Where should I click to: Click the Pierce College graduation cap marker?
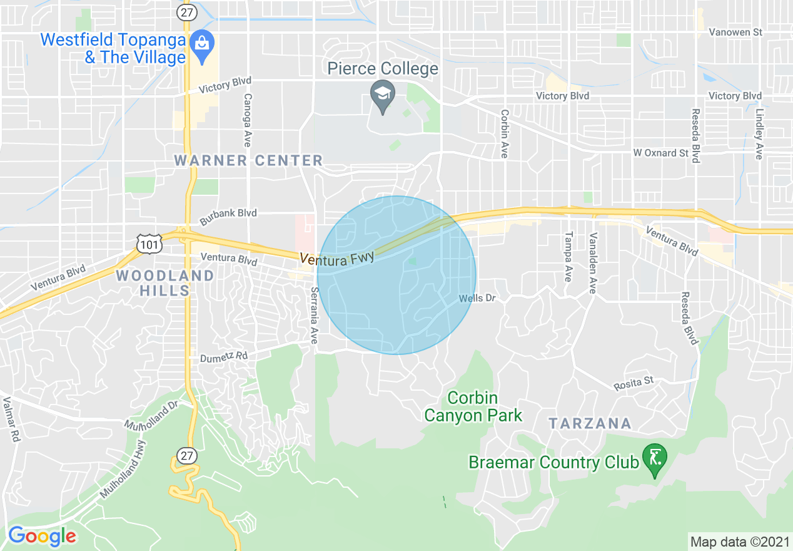[x=381, y=95]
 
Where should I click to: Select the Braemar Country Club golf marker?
[x=655, y=459]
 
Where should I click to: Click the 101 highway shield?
[x=149, y=244]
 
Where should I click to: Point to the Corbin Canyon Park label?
[x=473, y=406]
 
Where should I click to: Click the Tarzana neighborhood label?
[x=590, y=423]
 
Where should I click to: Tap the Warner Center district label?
[x=248, y=160]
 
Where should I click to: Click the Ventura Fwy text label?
[x=337, y=257]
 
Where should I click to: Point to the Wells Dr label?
[x=477, y=298]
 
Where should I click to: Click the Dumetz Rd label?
[x=224, y=357]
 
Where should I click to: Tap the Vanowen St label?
[x=735, y=32]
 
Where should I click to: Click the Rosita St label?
[x=634, y=381]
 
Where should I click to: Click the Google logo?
[x=42, y=536]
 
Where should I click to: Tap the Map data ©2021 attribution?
[x=739, y=541]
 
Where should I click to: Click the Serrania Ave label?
[x=314, y=316]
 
